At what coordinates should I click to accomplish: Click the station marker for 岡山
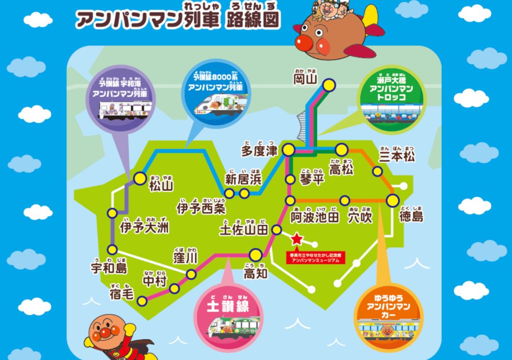click(x=329, y=85)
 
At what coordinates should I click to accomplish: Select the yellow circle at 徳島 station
click(x=393, y=200)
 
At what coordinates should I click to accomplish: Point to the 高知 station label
click(x=256, y=273)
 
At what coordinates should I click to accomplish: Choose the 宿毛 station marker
click(x=142, y=300)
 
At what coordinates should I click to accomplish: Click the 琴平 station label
click(x=312, y=180)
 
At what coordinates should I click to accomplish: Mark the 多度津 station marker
click(x=288, y=150)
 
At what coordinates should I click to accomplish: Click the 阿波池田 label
click(x=315, y=217)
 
